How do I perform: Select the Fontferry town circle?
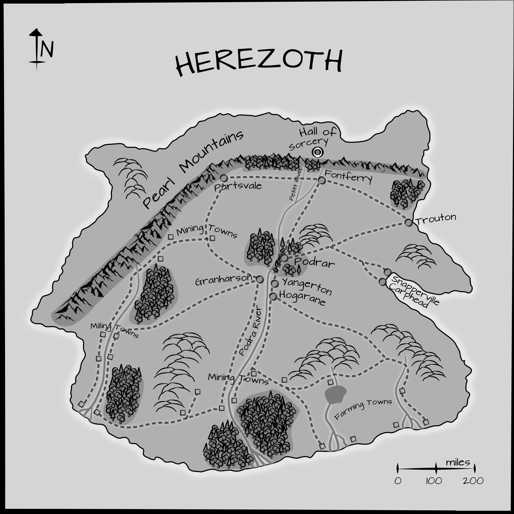pyautogui.click(x=322, y=181)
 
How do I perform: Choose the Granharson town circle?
pyautogui.click(x=260, y=279)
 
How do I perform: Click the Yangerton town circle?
pyautogui.click(x=275, y=284)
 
